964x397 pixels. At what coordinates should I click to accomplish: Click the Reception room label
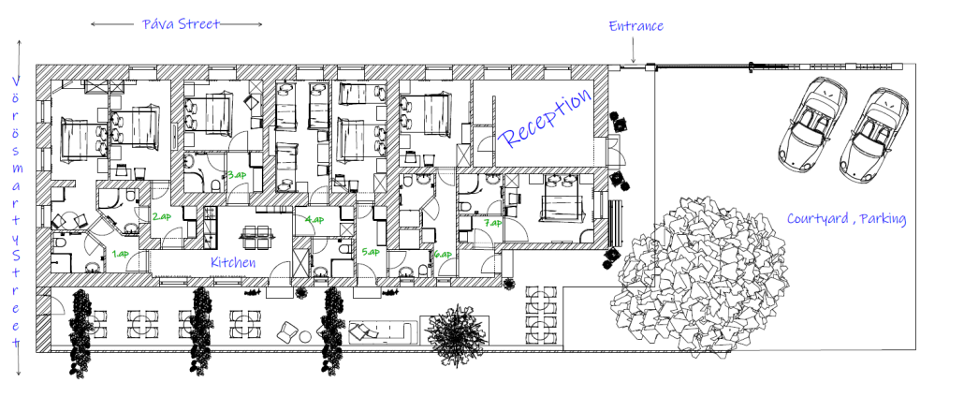(x=545, y=119)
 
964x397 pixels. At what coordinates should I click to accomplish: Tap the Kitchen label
(x=233, y=262)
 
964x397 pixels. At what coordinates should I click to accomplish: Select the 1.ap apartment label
(x=121, y=253)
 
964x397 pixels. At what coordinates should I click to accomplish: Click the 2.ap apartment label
(x=162, y=216)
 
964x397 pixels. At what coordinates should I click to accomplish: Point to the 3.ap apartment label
(x=237, y=175)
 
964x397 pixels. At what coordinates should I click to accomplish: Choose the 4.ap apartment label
(x=314, y=219)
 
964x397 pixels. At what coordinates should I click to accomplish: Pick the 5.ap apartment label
(x=371, y=252)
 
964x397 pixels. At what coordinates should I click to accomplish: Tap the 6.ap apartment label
(x=443, y=254)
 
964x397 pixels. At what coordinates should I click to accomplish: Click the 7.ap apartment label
(x=492, y=223)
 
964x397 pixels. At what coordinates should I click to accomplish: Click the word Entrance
(x=636, y=26)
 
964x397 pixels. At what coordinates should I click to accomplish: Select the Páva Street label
(x=181, y=24)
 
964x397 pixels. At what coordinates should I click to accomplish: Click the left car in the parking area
(x=811, y=125)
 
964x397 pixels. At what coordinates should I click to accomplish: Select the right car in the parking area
(x=873, y=136)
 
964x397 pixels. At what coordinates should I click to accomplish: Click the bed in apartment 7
(x=561, y=198)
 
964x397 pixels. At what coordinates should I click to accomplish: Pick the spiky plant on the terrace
(x=455, y=334)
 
